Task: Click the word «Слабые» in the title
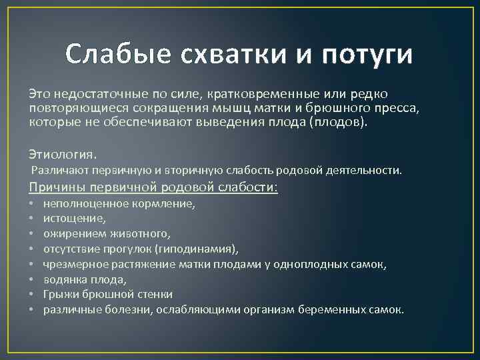118,54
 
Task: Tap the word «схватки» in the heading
233,54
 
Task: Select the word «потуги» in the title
367,56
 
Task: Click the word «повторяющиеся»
79,108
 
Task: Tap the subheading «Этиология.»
63,154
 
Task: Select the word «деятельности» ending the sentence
363,170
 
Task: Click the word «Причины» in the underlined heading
57,187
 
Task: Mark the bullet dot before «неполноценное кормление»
31,203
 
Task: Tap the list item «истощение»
75,219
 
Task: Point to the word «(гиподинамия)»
196,249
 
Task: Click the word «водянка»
61,279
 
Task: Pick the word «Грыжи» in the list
59,295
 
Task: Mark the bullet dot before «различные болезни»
31,309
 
